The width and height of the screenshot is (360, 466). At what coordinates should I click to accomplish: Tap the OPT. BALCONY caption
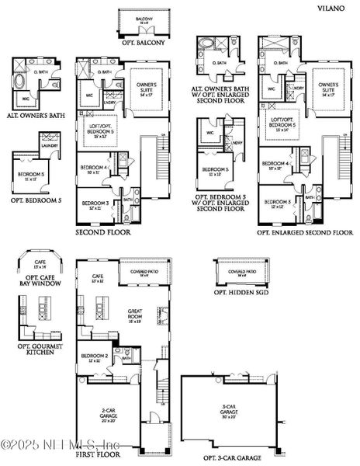pos(142,42)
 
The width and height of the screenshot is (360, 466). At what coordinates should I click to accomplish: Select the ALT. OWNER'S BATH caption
pos(36,116)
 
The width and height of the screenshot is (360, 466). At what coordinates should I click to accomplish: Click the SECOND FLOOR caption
pos(103,232)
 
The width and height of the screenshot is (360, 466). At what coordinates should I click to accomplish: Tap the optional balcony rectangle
pos(142,21)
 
